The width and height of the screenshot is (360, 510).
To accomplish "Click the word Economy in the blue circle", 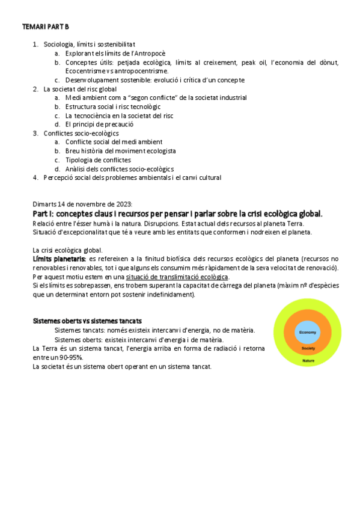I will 308,333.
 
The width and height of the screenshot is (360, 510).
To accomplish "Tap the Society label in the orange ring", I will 308,348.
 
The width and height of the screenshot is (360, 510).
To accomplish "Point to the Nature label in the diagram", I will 308,360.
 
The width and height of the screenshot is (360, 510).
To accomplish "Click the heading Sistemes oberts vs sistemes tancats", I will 87,321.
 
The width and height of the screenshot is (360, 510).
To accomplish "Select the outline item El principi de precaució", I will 99,124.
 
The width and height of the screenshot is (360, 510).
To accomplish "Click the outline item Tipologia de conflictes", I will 98,160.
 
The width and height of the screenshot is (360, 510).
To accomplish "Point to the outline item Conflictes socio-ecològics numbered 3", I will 81,134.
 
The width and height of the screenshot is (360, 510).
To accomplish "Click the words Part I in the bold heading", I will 43,214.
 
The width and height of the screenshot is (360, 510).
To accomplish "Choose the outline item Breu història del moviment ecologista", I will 120,151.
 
